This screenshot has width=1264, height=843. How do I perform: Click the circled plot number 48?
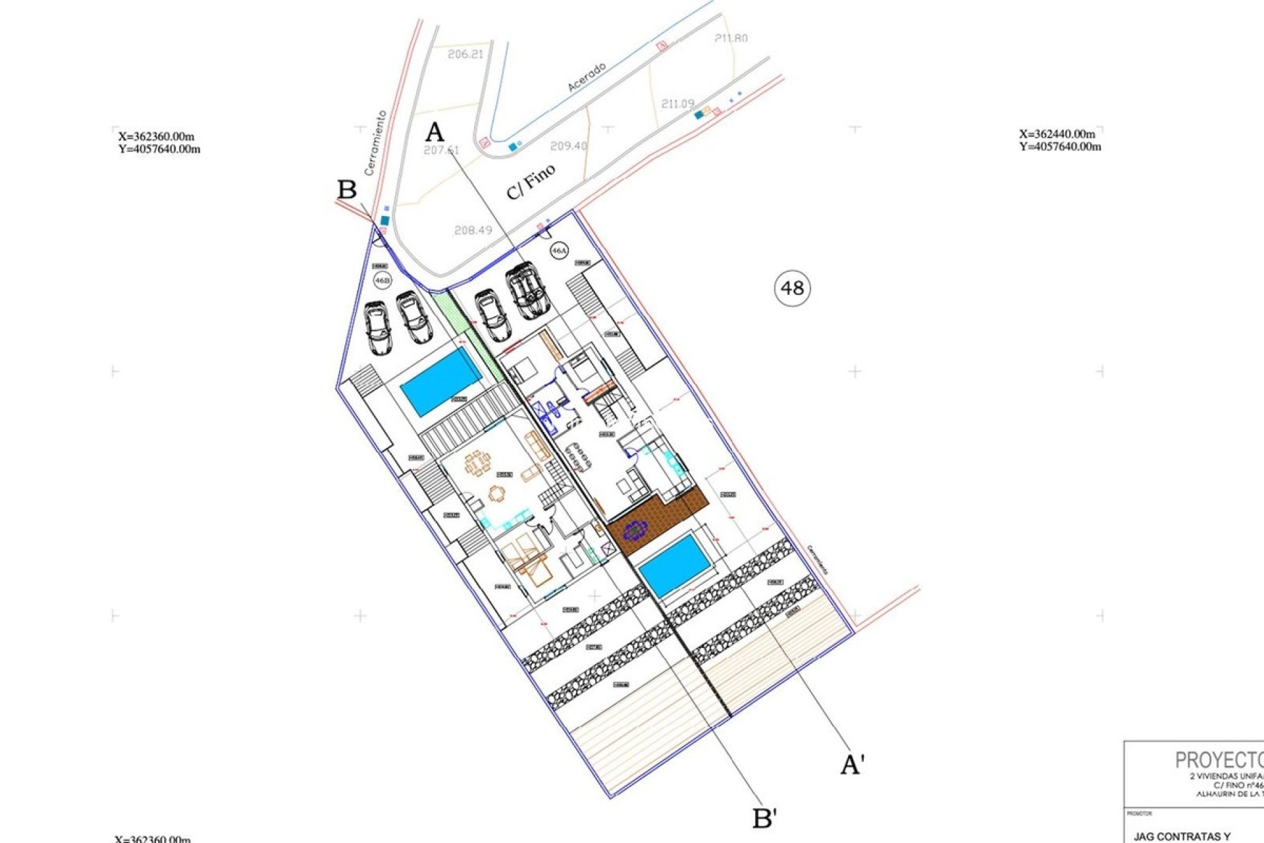(x=792, y=288)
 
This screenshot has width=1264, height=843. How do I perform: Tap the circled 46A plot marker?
(x=558, y=251)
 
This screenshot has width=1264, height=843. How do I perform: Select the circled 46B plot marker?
(x=382, y=281)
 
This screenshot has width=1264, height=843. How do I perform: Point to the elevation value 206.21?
(x=465, y=54)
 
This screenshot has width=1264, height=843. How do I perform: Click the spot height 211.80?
(x=731, y=38)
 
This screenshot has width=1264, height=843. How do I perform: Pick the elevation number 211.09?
(x=677, y=103)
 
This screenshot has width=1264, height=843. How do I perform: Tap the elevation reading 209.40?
(x=568, y=146)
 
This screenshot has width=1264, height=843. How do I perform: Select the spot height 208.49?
(x=473, y=230)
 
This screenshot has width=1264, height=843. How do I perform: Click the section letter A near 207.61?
(x=434, y=132)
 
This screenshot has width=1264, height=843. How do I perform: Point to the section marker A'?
(x=853, y=765)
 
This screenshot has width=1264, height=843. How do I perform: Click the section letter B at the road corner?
(x=347, y=190)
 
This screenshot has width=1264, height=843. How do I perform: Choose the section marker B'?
(x=764, y=819)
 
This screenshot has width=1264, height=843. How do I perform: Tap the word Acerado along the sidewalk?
(x=586, y=77)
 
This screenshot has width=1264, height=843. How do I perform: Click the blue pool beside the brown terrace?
(x=675, y=564)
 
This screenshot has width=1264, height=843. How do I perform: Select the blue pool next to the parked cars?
(x=440, y=382)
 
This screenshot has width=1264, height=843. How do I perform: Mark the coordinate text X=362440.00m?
(x=1057, y=134)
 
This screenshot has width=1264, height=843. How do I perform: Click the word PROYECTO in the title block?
(x=1218, y=760)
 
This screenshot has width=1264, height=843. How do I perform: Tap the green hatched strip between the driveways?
(x=467, y=333)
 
